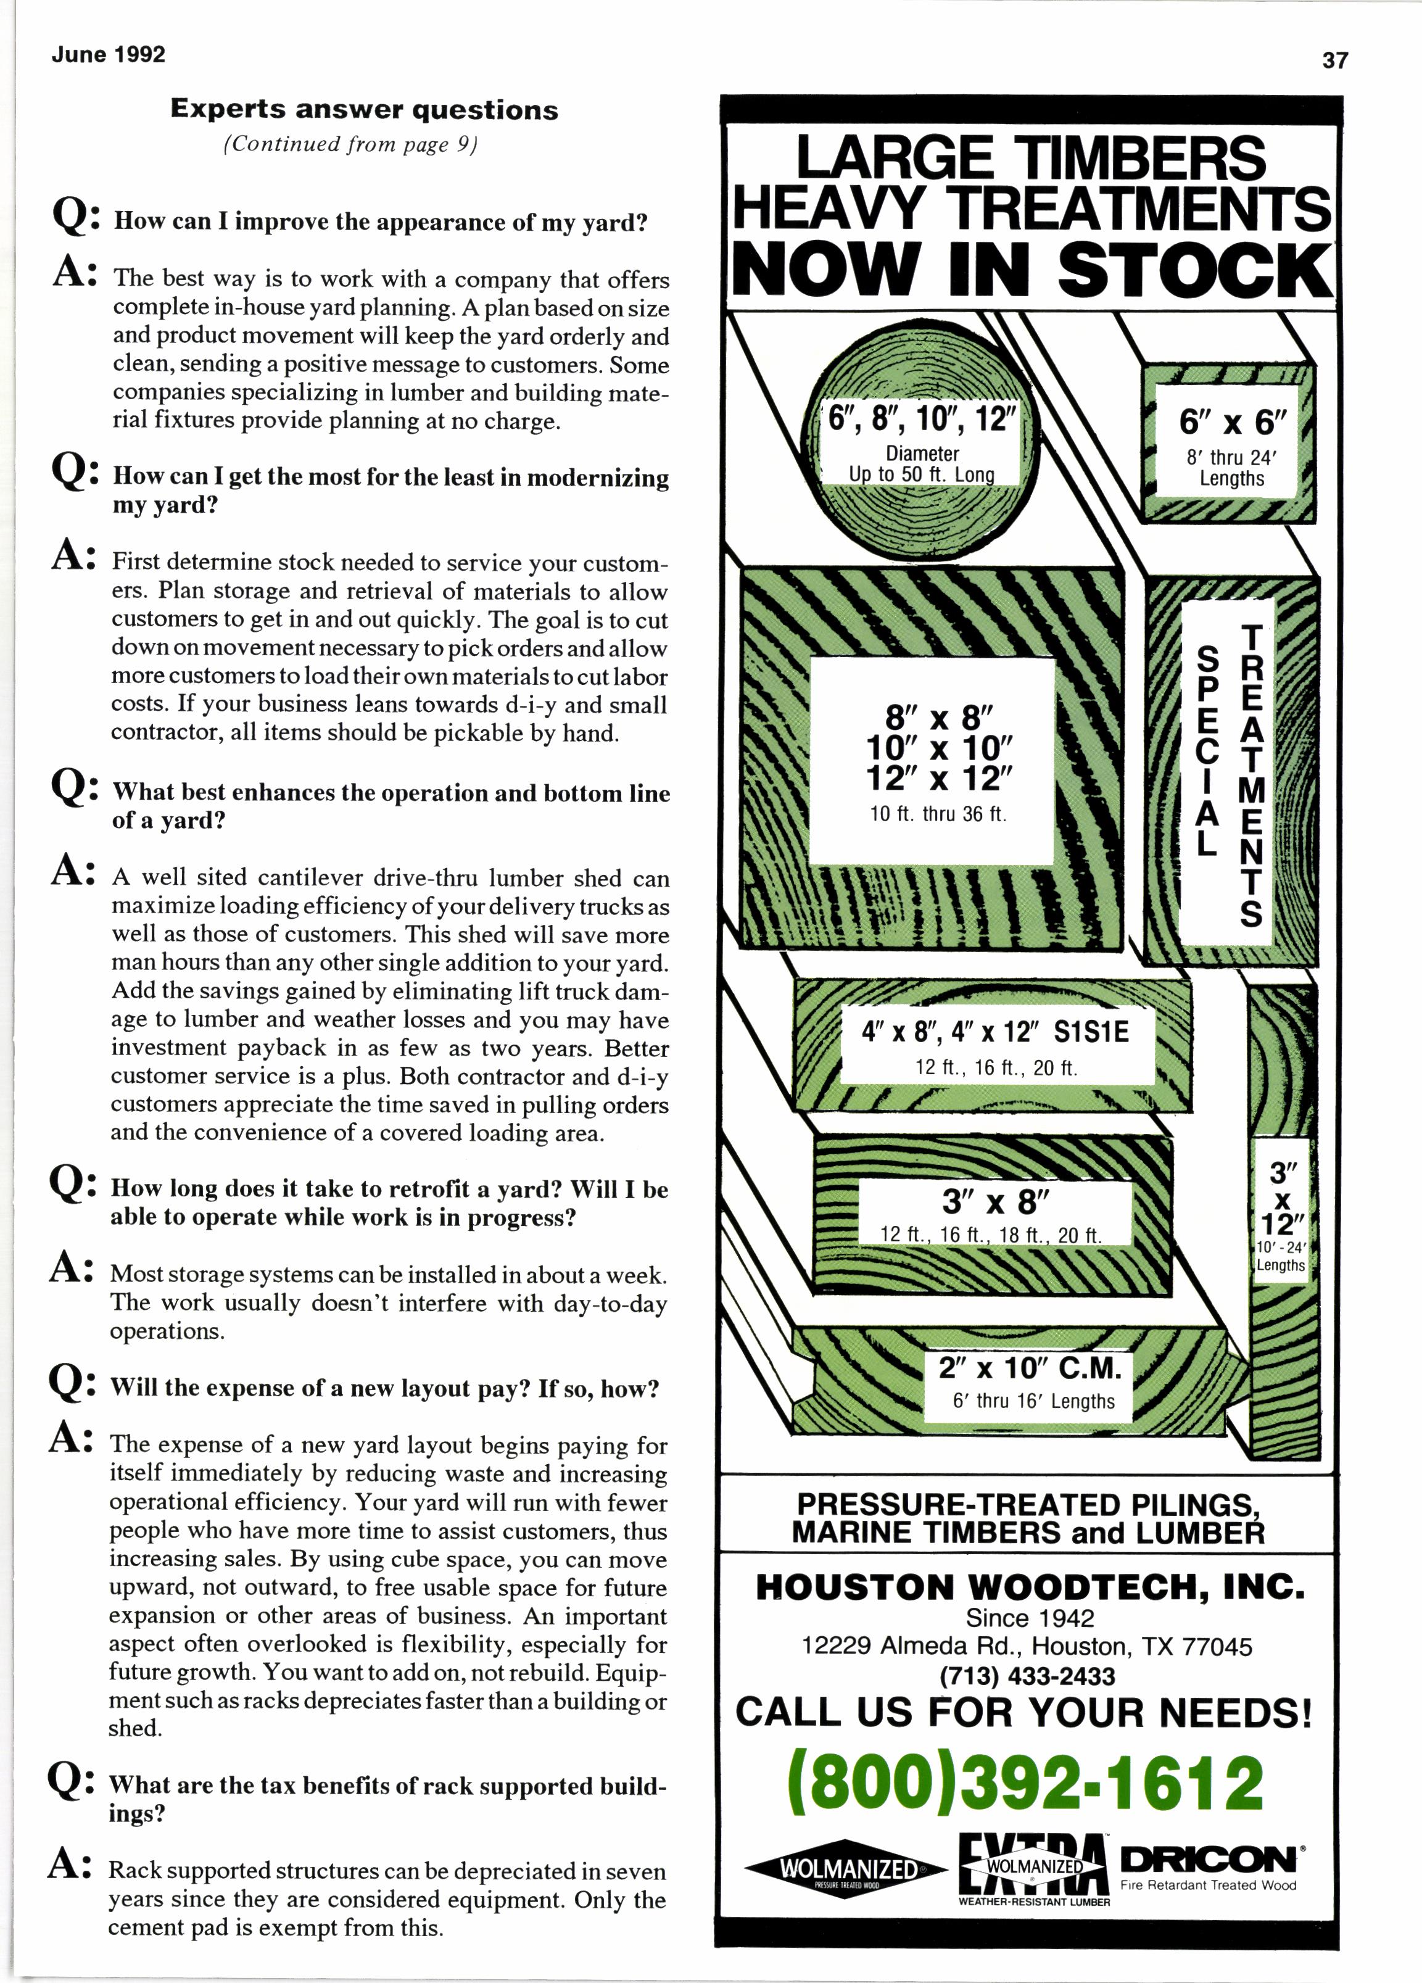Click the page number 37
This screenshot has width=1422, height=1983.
[1334, 60]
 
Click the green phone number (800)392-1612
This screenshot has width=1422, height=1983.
[1025, 1782]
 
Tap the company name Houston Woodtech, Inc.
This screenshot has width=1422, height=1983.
[1030, 1587]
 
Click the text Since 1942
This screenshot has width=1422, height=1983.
[1030, 1618]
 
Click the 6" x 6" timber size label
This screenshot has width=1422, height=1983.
[1233, 422]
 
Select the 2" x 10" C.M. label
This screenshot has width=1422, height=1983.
[1030, 1367]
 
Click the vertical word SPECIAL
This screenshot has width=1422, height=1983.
[1207, 750]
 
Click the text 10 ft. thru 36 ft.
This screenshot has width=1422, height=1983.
[938, 814]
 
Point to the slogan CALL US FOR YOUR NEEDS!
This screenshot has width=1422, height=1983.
[1023, 1712]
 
